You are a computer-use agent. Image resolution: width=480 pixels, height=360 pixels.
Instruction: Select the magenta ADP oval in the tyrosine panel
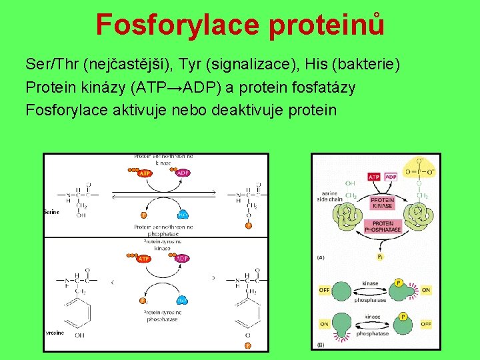(182, 258)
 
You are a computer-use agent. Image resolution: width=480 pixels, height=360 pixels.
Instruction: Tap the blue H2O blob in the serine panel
(182, 215)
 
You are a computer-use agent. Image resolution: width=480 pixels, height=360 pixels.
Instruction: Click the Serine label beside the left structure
(51, 212)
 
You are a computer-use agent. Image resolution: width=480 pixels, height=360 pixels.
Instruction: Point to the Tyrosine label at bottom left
(54, 332)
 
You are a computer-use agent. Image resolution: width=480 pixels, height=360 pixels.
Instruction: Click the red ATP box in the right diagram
(374, 177)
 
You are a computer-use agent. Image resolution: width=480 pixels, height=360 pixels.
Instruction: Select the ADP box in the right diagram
(391, 177)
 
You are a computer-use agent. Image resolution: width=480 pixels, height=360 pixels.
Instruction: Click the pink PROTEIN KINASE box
(382, 203)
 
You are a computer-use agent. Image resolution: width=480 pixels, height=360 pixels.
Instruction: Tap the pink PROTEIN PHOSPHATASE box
(383, 227)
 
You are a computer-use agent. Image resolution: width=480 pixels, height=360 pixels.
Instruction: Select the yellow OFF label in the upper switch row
(325, 290)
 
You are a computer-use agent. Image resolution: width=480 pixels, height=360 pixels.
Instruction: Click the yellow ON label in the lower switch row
(324, 324)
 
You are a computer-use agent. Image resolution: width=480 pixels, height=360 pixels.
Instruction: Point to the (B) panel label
(321, 345)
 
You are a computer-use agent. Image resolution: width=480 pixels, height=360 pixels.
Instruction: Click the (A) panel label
(321, 257)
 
